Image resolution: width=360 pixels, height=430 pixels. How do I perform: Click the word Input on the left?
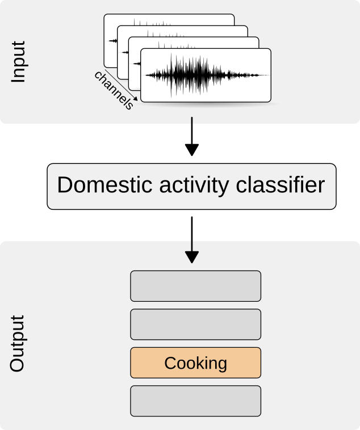pyautogui.click(x=18, y=62)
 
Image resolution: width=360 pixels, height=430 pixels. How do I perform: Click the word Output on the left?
pyautogui.click(x=17, y=343)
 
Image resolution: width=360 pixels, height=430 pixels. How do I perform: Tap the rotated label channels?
pyautogui.click(x=114, y=90)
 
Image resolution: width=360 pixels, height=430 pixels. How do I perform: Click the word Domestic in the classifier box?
pyautogui.click(x=104, y=185)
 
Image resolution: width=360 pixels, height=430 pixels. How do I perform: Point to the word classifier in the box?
pyautogui.click(x=281, y=185)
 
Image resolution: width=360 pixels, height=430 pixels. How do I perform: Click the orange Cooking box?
pyautogui.click(x=195, y=363)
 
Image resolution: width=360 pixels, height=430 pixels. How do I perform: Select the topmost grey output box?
pyautogui.click(x=195, y=286)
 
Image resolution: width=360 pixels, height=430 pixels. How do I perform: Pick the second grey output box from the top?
pyautogui.click(x=195, y=324)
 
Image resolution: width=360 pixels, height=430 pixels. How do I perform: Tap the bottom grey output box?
pyautogui.click(x=195, y=401)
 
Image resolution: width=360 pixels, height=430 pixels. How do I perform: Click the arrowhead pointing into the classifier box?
pyautogui.click(x=192, y=150)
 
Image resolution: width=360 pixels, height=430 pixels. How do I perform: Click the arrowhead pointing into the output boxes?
pyautogui.click(x=192, y=257)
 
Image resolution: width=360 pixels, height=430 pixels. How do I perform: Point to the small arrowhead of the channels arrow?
pyautogui.click(x=135, y=99)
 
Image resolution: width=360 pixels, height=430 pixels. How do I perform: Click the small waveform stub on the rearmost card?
pyautogui.click(x=113, y=41)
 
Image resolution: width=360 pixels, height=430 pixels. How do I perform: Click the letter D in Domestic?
pyautogui.click(x=64, y=185)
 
